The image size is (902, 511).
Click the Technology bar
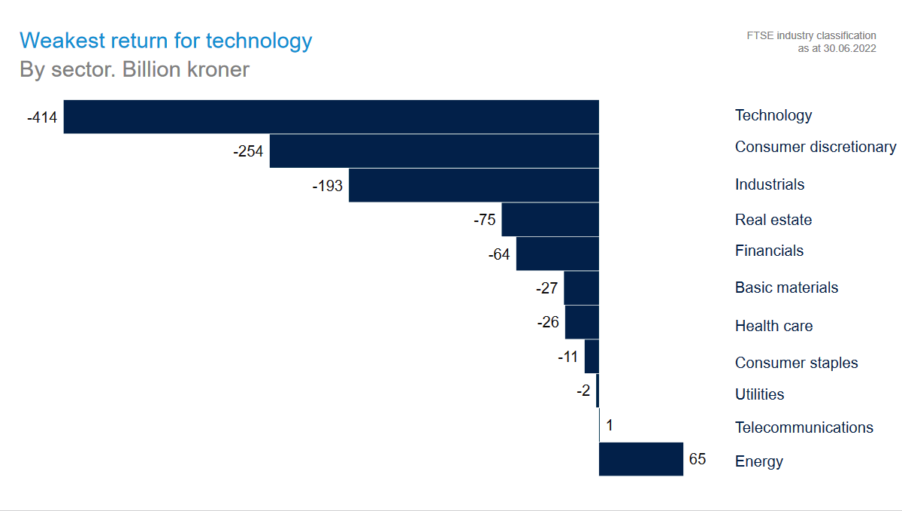(x=331, y=117)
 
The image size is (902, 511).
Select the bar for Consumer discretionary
(x=434, y=151)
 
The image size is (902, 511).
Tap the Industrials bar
(x=474, y=185)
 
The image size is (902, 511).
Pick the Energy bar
(x=640, y=459)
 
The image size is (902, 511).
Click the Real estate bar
(x=550, y=220)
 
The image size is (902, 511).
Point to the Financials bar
(x=557, y=254)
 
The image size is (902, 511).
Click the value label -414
(x=42, y=117)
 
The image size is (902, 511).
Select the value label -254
(x=248, y=151)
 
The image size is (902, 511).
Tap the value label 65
(x=698, y=458)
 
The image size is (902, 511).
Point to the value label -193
(x=327, y=186)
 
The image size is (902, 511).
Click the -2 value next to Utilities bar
(x=584, y=391)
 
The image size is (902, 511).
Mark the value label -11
(x=568, y=357)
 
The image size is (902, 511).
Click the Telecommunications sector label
(x=804, y=427)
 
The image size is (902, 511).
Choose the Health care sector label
(x=773, y=326)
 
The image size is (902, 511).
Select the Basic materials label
(x=786, y=287)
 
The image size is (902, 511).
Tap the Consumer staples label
(x=796, y=363)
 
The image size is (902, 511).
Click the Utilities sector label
(x=759, y=394)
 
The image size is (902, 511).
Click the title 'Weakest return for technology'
(x=165, y=41)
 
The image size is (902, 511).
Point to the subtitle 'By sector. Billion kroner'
(x=135, y=70)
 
